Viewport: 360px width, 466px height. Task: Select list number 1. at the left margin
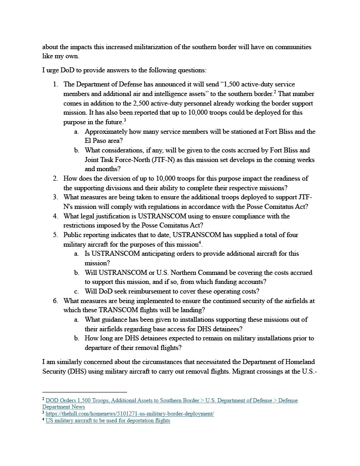click(x=55, y=84)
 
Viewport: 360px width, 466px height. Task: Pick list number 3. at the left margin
click(x=55, y=197)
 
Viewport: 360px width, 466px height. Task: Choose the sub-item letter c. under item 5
click(x=76, y=291)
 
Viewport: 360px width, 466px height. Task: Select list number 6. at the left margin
click(x=55, y=301)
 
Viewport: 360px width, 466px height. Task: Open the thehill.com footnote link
click(x=130, y=414)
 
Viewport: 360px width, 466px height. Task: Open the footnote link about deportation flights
click(x=108, y=420)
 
